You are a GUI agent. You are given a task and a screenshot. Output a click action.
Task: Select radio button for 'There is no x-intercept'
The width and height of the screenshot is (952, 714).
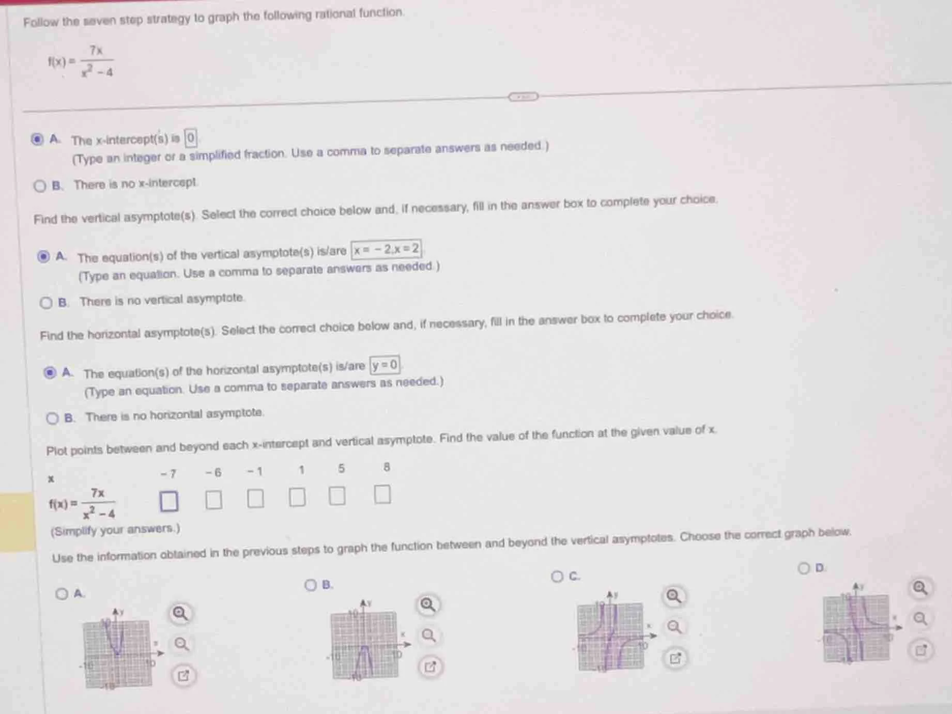point(40,186)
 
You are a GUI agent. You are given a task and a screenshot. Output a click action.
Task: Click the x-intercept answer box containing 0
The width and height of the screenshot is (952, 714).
point(191,138)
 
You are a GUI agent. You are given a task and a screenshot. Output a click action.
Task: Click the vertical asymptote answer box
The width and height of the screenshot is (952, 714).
point(386,250)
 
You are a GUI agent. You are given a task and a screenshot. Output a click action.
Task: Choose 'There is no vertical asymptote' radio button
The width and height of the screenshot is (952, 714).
point(46,302)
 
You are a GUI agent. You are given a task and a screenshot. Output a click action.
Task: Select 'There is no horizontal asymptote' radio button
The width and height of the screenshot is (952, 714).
point(52,418)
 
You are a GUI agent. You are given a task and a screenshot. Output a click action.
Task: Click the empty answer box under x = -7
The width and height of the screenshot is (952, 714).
point(168,501)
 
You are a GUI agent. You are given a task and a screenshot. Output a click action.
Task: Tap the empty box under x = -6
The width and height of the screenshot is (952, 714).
point(213,500)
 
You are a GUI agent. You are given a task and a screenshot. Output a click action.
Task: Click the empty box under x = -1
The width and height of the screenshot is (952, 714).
point(255,499)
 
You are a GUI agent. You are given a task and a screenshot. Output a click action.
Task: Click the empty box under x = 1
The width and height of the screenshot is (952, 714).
point(297,497)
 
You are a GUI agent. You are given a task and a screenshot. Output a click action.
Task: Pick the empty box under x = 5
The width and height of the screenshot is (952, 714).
point(337,496)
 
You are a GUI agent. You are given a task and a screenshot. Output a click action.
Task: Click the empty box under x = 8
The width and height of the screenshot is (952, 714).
point(382,494)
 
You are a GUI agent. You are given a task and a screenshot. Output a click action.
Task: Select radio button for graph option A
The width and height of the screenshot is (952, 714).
point(62,594)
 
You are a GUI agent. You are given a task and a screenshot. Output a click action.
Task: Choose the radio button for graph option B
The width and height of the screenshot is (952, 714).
point(310,585)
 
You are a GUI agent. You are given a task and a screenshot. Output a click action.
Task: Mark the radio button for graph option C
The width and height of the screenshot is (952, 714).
point(557,576)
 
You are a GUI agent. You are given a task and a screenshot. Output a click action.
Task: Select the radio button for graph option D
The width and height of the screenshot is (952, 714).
point(804,568)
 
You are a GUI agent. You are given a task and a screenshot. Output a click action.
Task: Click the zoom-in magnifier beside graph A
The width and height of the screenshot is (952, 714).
point(180,613)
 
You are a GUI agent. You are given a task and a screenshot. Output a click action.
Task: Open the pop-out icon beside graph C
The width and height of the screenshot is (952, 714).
point(675,658)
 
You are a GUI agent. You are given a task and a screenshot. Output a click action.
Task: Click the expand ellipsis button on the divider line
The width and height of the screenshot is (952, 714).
point(523,97)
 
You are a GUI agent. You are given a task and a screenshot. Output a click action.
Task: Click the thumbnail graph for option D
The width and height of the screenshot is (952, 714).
point(856,628)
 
